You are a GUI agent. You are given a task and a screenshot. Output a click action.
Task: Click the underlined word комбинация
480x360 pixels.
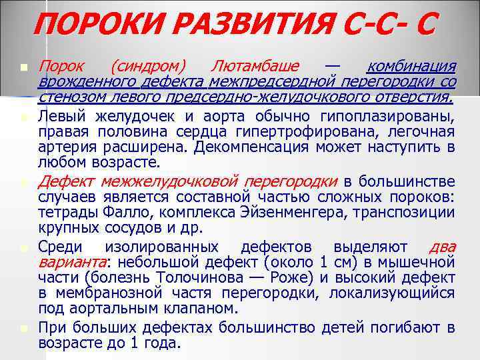[411, 66]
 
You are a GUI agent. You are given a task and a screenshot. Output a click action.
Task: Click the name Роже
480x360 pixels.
[295, 277]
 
